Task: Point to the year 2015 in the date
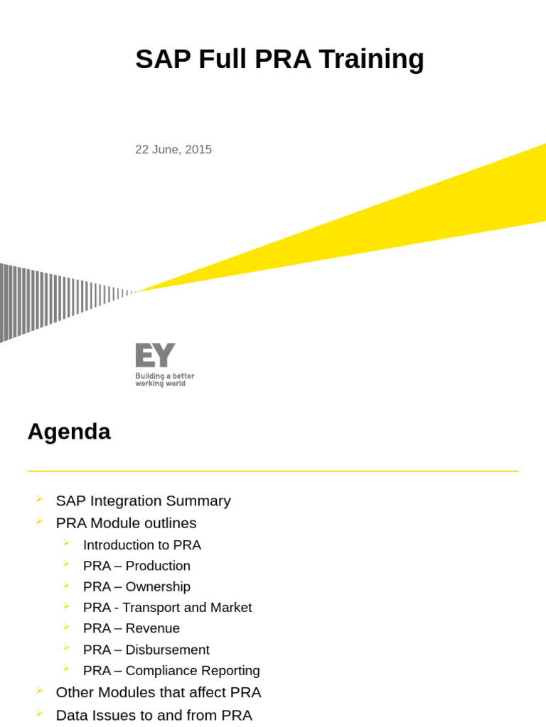click(198, 150)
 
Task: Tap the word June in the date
click(166, 150)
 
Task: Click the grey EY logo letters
click(155, 355)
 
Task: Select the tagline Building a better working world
click(164, 380)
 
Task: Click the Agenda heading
click(69, 432)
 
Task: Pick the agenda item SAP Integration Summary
click(143, 501)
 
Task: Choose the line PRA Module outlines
click(126, 523)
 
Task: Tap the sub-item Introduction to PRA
click(141, 545)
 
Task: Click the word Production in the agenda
click(158, 566)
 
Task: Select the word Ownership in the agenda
click(158, 587)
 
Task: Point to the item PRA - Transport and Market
click(167, 608)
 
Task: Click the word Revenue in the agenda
click(153, 628)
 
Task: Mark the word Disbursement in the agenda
click(167, 650)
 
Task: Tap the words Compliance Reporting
click(193, 670)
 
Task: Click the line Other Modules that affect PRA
click(158, 692)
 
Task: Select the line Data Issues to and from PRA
click(154, 715)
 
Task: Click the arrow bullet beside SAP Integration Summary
click(39, 499)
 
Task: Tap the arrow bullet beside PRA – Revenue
click(66, 627)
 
